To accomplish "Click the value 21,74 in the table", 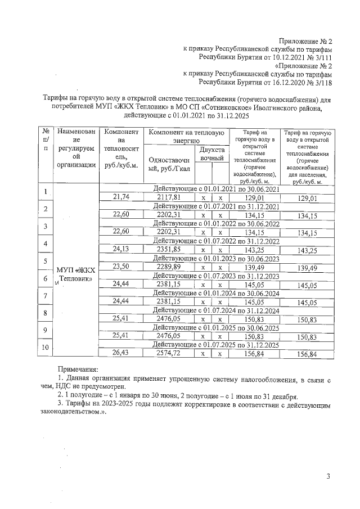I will [121, 197].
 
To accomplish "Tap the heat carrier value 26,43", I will [121, 353].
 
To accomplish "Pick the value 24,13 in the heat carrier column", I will [121, 249].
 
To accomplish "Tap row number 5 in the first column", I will [44, 262].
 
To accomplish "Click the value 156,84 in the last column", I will [308, 354].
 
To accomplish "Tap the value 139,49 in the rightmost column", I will [308, 268].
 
